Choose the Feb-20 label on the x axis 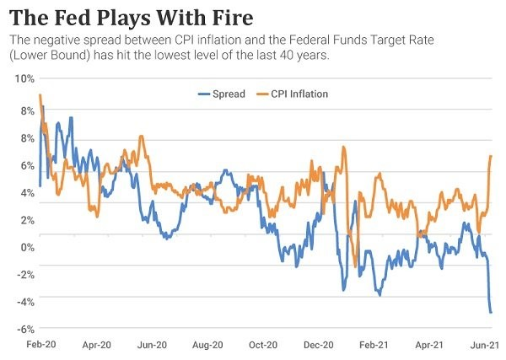[39, 345]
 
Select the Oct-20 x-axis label [263, 345]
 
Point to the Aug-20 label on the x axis [207, 345]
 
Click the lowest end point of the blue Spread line [491, 313]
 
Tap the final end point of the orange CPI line [491, 156]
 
